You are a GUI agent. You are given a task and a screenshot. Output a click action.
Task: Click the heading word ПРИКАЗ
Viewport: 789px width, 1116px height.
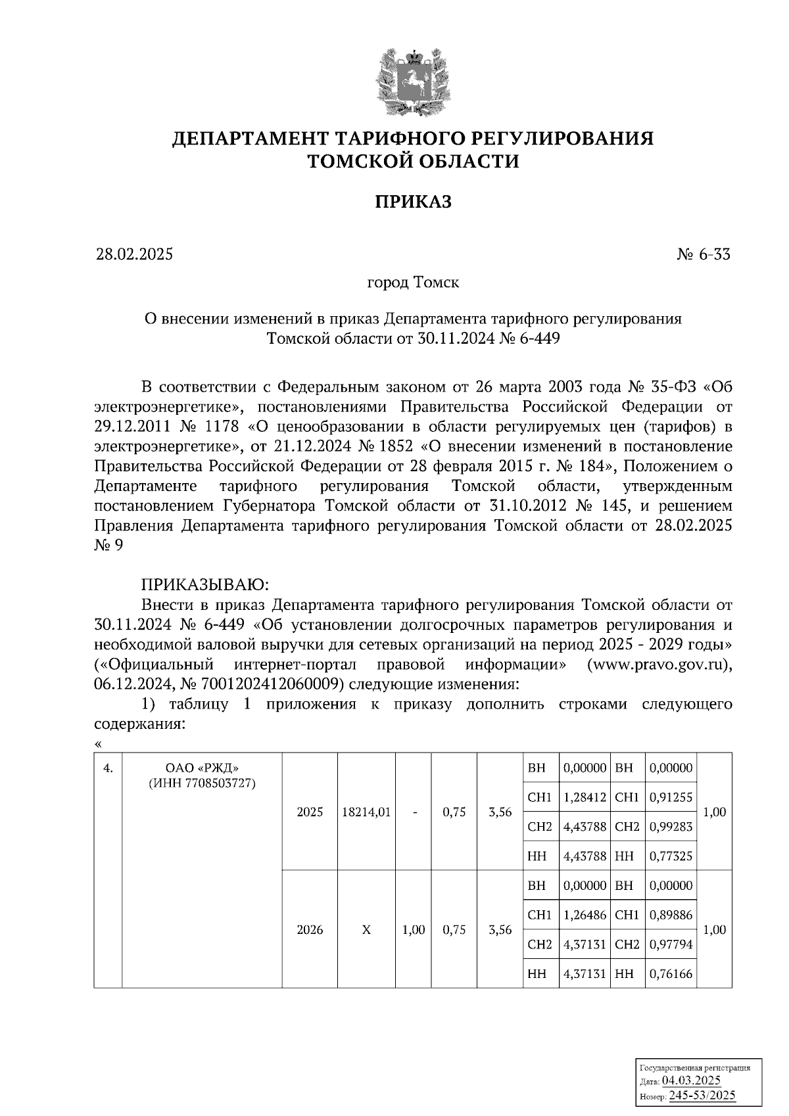point(413,202)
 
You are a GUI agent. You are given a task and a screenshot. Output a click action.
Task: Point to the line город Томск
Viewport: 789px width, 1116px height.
point(413,283)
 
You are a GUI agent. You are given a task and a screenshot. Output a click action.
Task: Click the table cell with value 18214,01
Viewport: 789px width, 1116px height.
point(366,812)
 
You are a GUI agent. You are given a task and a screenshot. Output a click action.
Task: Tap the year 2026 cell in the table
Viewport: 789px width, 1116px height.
point(310,930)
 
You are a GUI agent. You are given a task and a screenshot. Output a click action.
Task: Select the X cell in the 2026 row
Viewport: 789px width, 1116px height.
point(366,930)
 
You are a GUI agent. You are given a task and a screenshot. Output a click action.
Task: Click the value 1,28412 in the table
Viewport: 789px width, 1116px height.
point(585,797)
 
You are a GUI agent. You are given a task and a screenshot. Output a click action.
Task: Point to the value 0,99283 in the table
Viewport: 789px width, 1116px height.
point(671,826)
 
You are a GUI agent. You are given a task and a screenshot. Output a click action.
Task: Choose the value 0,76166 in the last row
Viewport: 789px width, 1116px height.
point(671,974)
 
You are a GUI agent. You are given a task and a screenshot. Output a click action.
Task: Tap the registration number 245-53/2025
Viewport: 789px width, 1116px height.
point(702,1096)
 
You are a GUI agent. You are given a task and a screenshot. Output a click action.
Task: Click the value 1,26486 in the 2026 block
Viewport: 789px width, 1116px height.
point(585,915)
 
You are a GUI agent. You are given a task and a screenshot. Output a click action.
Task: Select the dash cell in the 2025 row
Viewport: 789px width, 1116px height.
point(414,812)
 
